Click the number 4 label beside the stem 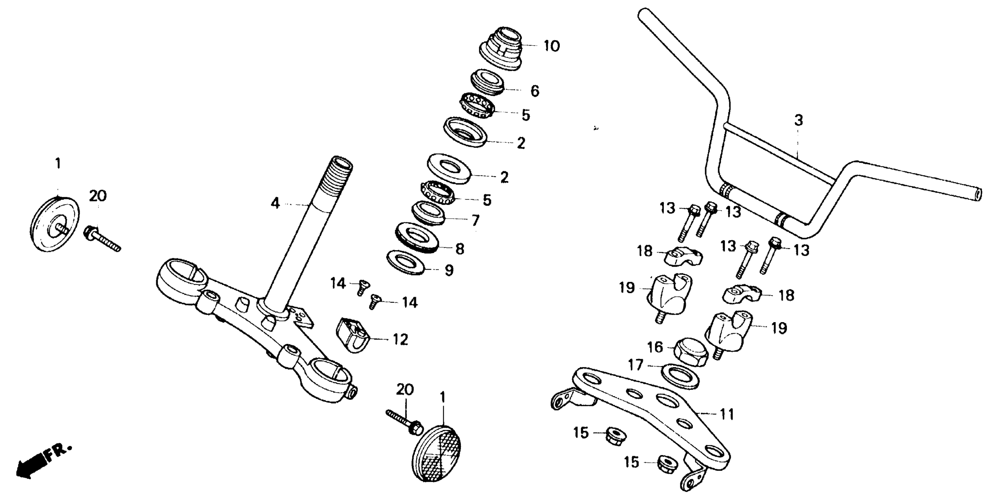click(x=275, y=203)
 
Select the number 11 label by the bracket click(x=726, y=414)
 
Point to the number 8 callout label click(x=459, y=249)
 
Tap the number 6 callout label click(x=535, y=91)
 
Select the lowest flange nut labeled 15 click(x=667, y=463)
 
